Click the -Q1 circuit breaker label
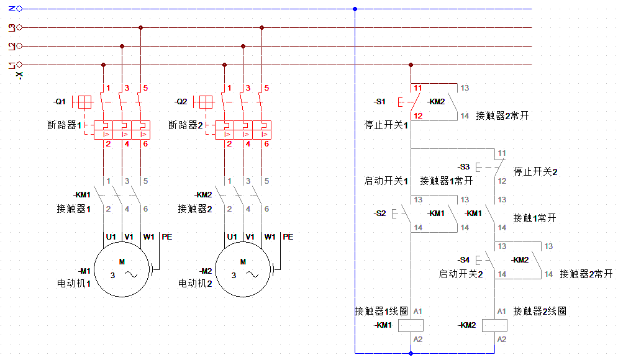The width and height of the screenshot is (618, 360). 60,101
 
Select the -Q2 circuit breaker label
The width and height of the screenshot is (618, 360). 181,101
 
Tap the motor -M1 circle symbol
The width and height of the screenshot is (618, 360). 122,271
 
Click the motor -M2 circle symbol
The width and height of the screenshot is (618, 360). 243,271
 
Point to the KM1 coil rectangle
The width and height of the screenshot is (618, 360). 411,325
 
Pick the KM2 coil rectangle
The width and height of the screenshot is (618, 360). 494,325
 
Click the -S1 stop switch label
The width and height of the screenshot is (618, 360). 379,101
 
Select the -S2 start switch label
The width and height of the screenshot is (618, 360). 379,214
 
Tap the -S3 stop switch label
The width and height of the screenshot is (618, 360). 463,167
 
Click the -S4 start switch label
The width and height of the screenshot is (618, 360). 463,260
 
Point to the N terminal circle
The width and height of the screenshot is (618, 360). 19,9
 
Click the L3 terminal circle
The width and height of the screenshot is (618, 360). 19,27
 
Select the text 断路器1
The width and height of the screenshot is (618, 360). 65,125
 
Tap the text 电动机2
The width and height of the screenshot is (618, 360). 196,283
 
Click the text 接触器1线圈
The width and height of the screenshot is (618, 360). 381,311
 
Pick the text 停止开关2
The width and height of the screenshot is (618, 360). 535,171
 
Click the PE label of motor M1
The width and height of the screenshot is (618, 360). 166,236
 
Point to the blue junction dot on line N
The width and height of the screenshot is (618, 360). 355,9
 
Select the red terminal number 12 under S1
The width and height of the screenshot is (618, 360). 418,116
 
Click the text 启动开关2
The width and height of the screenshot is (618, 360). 461,274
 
